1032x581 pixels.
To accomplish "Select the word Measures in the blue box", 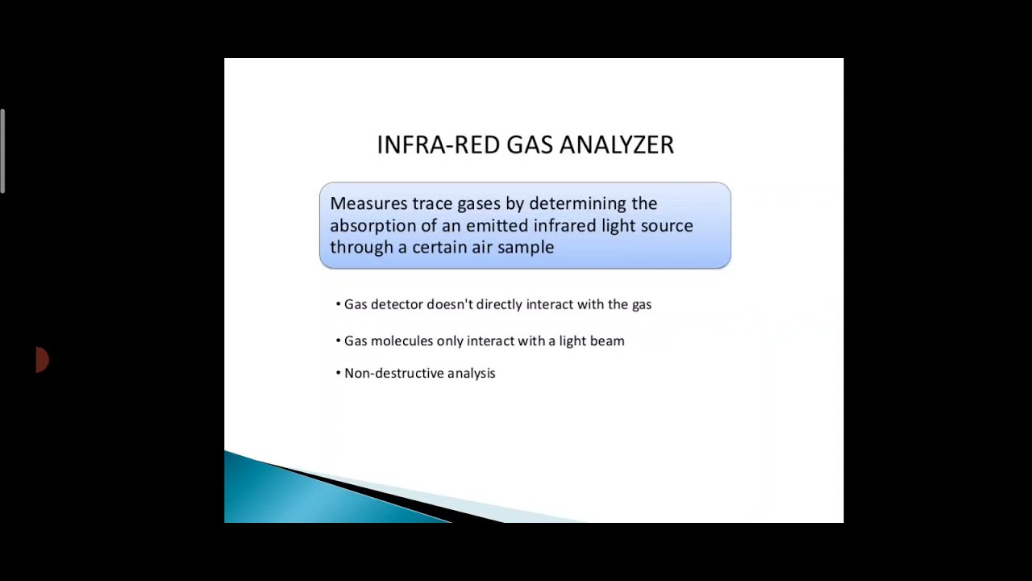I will point(368,203).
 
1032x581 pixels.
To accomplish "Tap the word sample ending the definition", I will point(526,248).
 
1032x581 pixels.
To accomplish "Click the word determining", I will point(577,203).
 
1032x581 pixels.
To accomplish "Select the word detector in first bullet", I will point(397,304).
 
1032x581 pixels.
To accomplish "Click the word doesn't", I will point(450,304).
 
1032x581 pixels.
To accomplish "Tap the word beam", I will point(607,341).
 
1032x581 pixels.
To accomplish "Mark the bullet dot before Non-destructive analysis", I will point(338,373).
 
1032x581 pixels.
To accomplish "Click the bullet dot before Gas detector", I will point(338,304).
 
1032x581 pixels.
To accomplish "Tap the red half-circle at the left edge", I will point(42,360).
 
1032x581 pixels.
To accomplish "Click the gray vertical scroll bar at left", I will point(2,151).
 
